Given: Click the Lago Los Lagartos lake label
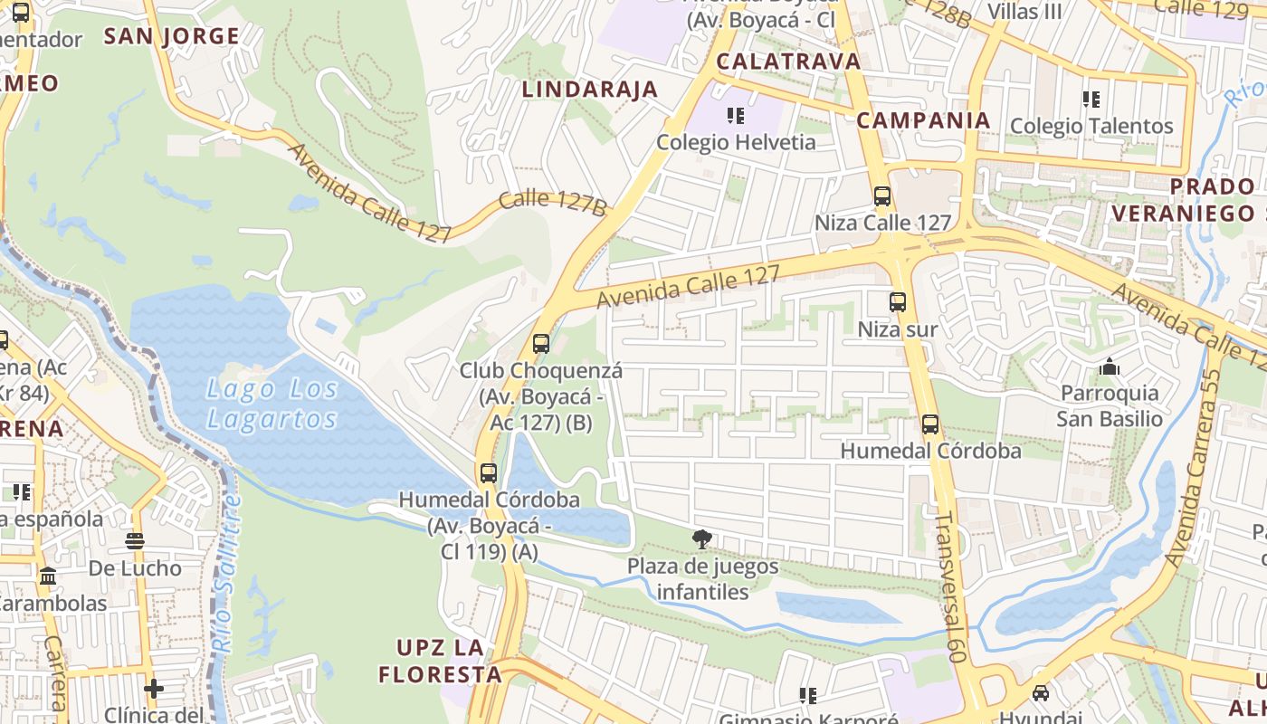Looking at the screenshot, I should tap(271, 404).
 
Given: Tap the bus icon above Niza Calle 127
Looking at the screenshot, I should tap(881, 195).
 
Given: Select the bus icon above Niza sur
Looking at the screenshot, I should tap(897, 302).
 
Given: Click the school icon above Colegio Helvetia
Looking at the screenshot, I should tap(735, 116).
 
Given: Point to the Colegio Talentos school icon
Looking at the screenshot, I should tap(1091, 99).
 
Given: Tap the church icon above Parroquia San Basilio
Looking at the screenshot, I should tap(1109, 367).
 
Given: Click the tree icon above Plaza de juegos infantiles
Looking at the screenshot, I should tap(701, 540).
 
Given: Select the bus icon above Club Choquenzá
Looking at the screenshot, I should tap(541, 344).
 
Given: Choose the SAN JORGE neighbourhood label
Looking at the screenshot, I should tap(171, 36).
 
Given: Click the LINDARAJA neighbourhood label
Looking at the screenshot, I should tap(589, 89).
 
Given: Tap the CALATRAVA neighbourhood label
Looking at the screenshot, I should tap(788, 61).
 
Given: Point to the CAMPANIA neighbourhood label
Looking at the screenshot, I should tap(923, 119).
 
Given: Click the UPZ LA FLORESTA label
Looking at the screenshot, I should tap(440, 661).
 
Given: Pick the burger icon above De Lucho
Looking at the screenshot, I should tap(135, 541).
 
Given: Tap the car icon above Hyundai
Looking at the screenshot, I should tap(1041, 692).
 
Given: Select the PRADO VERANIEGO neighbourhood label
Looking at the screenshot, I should tap(1213, 200).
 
